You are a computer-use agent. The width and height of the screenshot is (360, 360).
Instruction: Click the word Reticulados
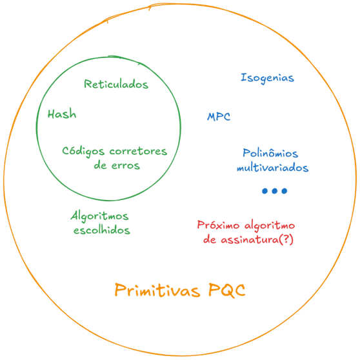pos(116,85)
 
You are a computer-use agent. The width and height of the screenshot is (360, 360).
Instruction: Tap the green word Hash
pos(62,114)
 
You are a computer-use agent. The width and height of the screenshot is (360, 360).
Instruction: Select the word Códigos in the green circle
pos(83,152)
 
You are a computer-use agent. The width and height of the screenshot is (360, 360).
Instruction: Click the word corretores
pos(138,152)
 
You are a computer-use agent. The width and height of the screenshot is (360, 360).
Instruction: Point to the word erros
pos(126,166)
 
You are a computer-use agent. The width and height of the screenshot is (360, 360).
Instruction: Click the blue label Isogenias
pos(267,78)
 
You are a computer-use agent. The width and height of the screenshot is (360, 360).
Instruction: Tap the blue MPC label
pos(219,117)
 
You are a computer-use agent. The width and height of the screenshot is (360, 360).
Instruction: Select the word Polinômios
pos(270,153)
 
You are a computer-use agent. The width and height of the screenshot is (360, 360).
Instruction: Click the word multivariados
pos(272,168)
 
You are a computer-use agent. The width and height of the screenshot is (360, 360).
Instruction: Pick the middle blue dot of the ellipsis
pos(275,191)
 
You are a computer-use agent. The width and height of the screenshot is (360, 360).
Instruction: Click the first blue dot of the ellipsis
pos(265,191)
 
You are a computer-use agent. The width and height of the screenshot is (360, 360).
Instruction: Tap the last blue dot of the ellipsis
pos(285,191)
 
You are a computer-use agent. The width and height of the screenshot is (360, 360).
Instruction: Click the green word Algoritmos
pos(99,216)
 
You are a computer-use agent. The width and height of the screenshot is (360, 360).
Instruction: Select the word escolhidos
pos(102,230)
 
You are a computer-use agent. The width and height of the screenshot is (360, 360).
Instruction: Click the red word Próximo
pos(218,225)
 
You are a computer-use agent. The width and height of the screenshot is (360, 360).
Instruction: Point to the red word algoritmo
pos(270,226)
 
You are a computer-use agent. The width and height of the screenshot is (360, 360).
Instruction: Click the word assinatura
pos(250,240)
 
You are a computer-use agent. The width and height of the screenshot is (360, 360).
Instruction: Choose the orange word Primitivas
pos(157,290)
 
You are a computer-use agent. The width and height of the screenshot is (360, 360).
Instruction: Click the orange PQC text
pos(227,290)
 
